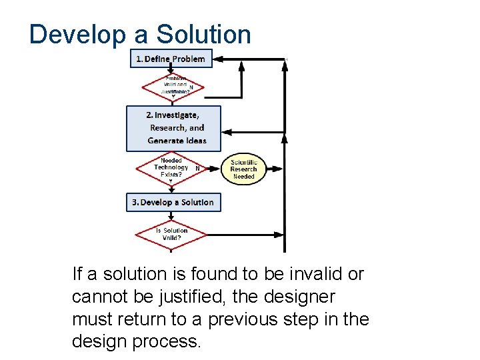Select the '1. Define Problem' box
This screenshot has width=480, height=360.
[171, 59]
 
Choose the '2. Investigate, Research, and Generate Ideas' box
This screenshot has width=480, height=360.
[173, 127]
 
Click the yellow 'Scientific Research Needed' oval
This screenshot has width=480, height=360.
[243, 169]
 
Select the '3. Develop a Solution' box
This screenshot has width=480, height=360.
[173, 202]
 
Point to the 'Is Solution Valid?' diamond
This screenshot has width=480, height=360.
[171, 234]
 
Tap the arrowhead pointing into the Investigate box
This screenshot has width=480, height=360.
[226, 131]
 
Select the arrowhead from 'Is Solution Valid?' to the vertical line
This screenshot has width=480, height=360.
[279, 234]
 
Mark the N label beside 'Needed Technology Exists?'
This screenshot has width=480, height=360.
[197, 168]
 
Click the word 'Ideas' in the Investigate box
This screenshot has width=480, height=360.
[195, 141]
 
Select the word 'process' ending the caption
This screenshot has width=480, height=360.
[167, 342]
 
